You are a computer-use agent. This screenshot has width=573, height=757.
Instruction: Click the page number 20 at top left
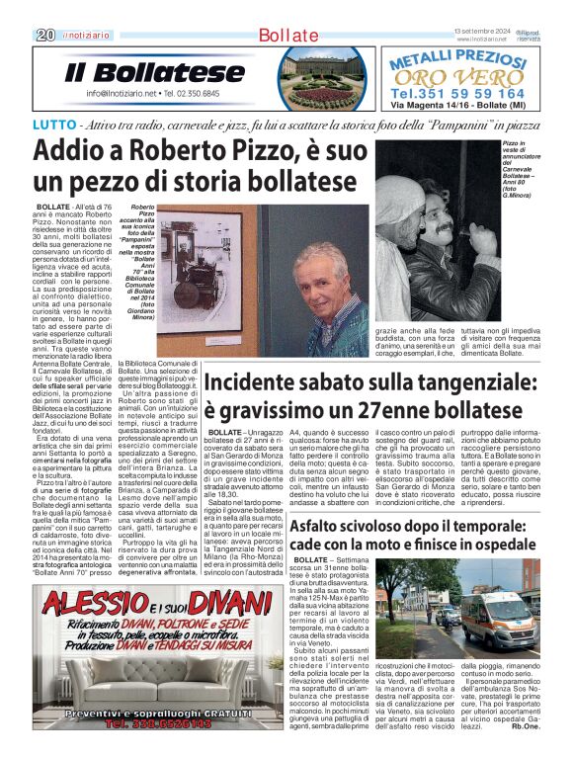tap(44, 36)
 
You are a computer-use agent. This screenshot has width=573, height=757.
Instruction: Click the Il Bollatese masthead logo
tap(155, 72)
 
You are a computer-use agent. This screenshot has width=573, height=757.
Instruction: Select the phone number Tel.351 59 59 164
tap(456, 93)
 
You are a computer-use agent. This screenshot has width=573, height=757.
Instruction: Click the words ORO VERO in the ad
tap(455, 78)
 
